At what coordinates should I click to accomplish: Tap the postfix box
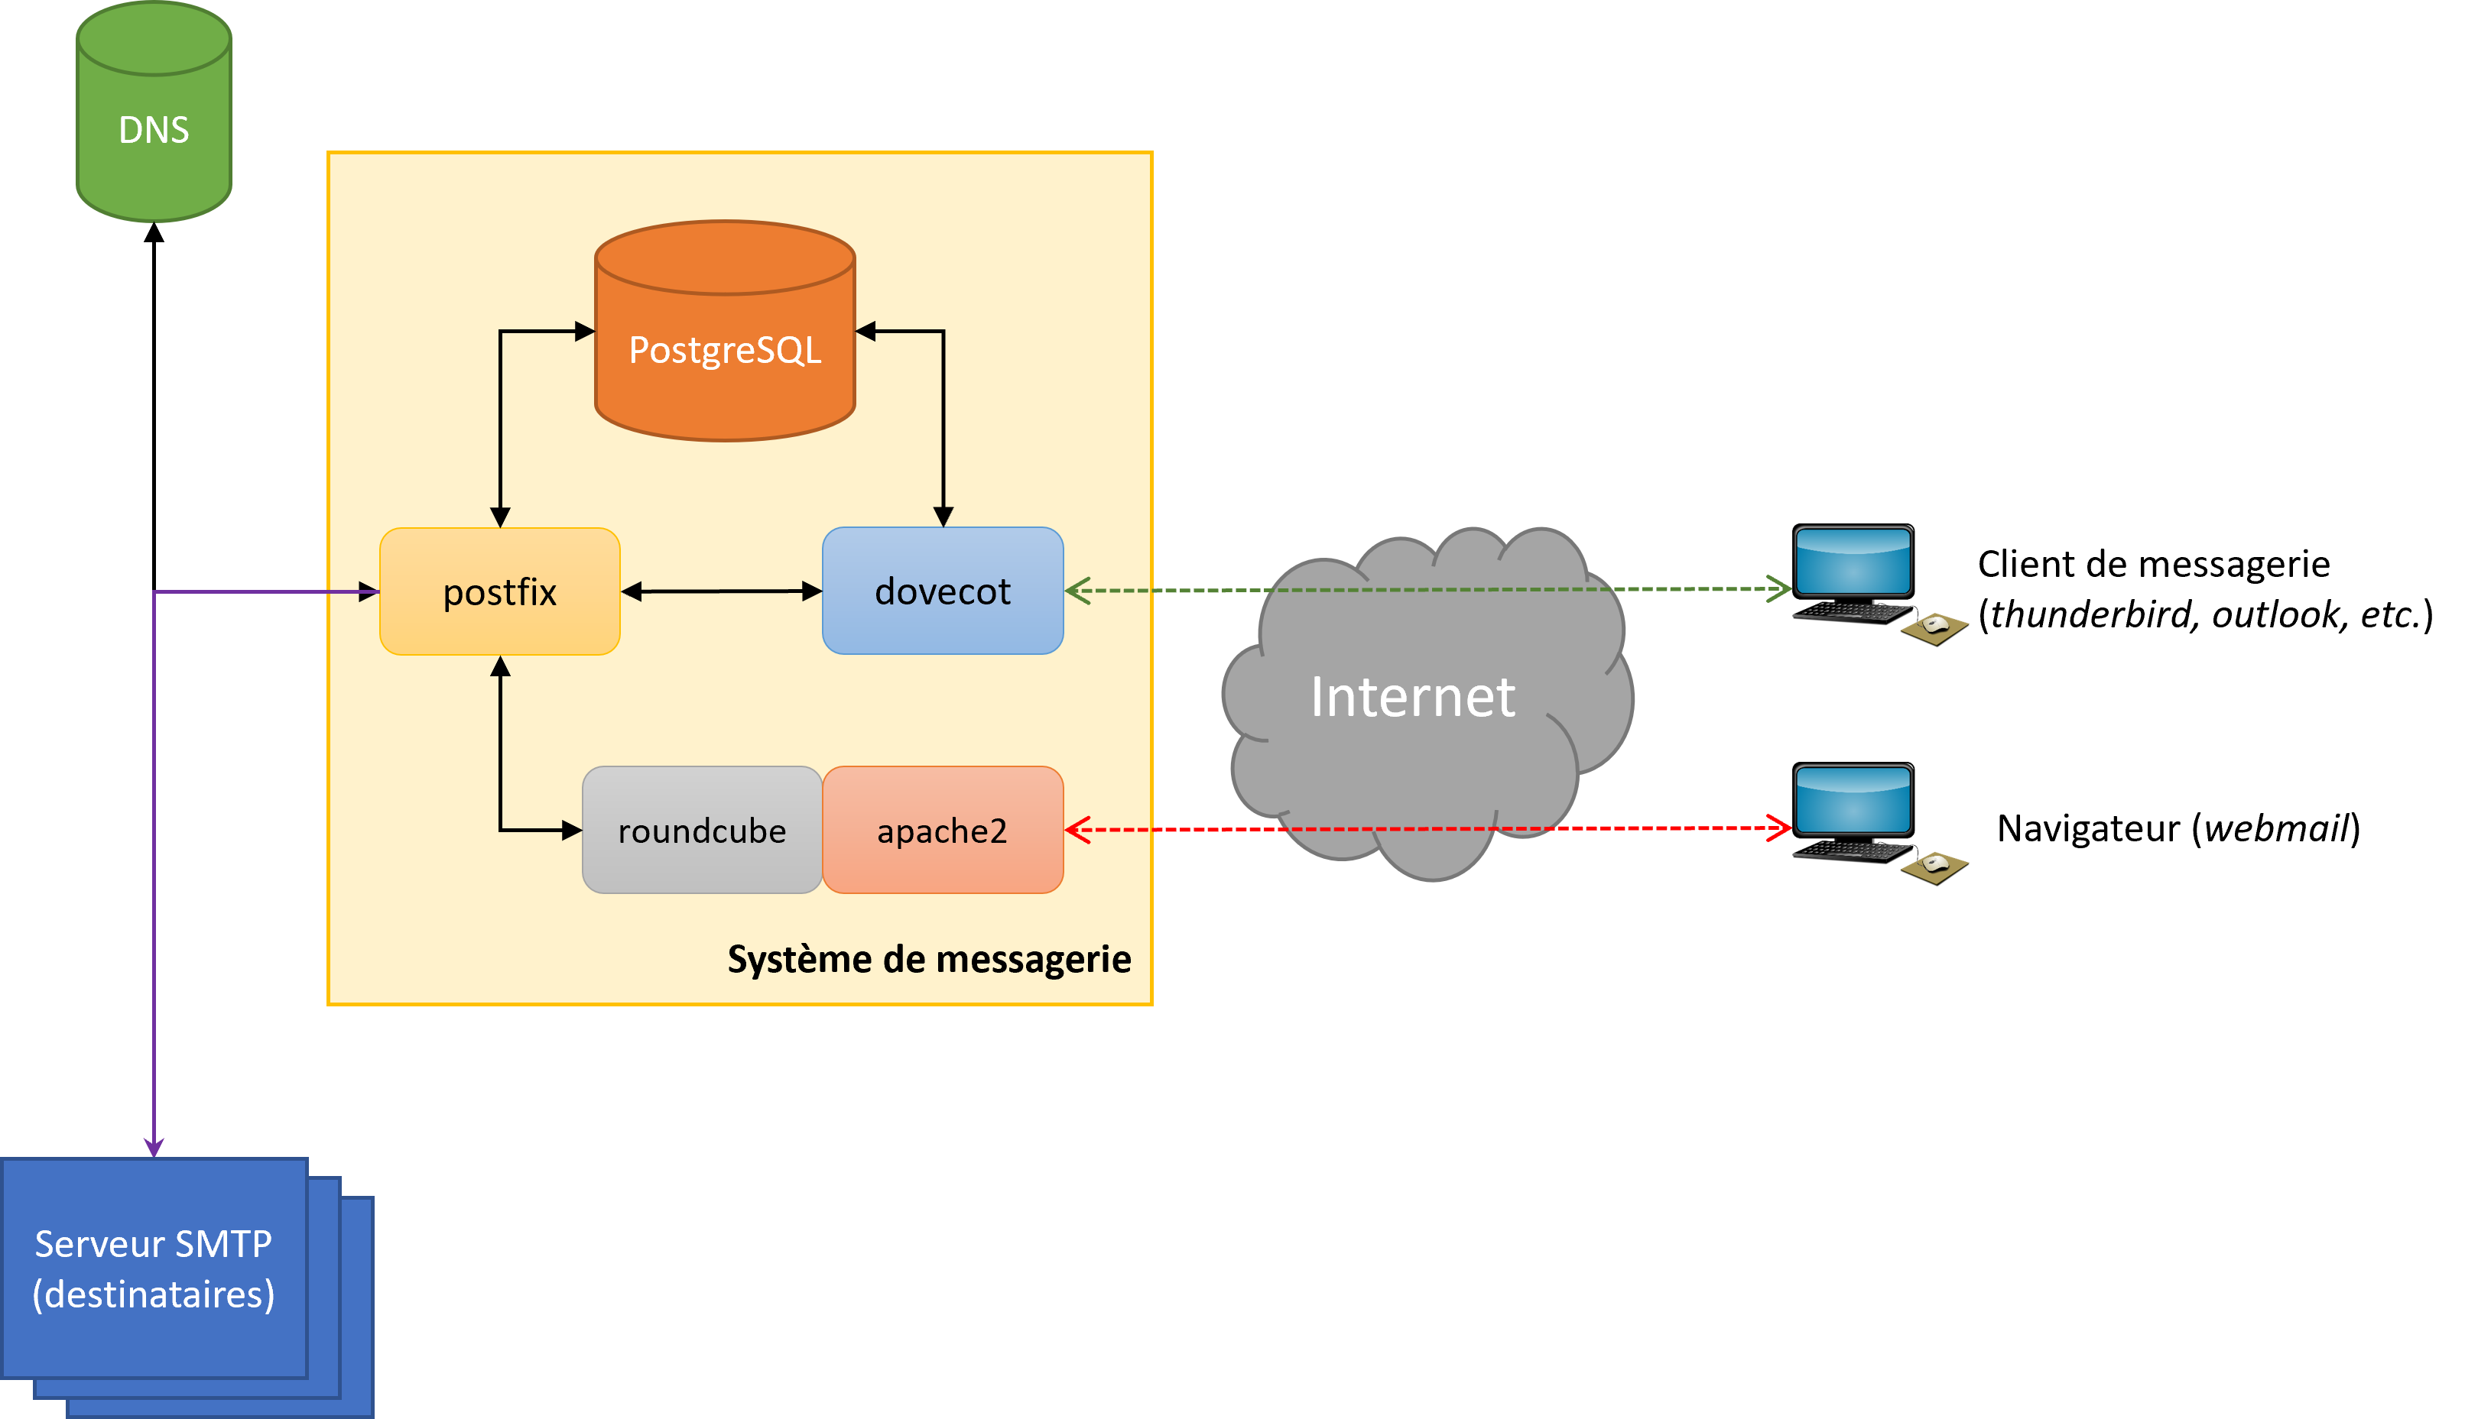pos(499,591)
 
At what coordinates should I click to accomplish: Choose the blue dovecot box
pos(942,591)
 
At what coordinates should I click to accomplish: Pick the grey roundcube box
pos(702,831)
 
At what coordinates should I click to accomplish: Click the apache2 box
pos(942,831)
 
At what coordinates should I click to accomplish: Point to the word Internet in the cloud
pos(1412,697)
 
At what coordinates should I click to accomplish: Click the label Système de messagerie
pos(928,959)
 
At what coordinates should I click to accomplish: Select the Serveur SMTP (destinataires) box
pos(154,1268)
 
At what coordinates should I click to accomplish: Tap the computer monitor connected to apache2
pos(1853,799)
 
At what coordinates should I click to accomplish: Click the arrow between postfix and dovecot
pos(722,591)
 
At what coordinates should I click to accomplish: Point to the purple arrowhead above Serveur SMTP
pos(154,1146)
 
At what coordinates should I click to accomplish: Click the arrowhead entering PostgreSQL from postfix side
pos(585,332)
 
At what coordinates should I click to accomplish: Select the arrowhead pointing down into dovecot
pos(943,516)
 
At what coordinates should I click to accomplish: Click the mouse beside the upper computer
pos(1936,624)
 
